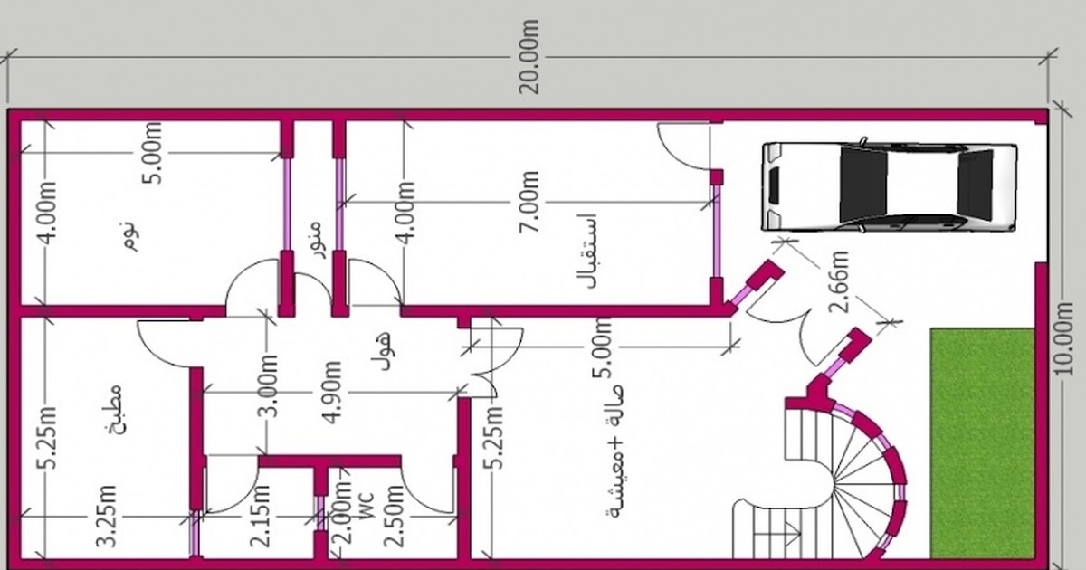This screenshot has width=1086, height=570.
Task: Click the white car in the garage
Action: tap(889, 186)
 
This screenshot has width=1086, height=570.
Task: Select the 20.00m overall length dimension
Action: tap(529, 57)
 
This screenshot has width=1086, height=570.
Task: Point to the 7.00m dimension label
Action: tap(529, 202)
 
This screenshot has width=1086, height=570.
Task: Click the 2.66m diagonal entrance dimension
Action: tap(838, 282)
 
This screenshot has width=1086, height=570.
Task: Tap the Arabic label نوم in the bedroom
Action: tap(129, 236)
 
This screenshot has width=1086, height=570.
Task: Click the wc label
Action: tap(367, 507)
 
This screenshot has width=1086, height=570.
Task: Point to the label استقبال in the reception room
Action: tap(586, 252)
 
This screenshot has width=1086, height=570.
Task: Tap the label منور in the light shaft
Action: tap(316, 240)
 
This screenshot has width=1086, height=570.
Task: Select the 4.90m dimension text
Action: tap(333, 392)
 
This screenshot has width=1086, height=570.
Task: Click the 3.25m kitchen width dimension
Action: tap(107, 516)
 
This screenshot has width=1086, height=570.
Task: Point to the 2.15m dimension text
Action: tap(261, 516)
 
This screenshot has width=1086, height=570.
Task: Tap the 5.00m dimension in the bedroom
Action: tap(153, 153)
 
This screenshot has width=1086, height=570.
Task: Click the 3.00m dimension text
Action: tap(268, 385)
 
